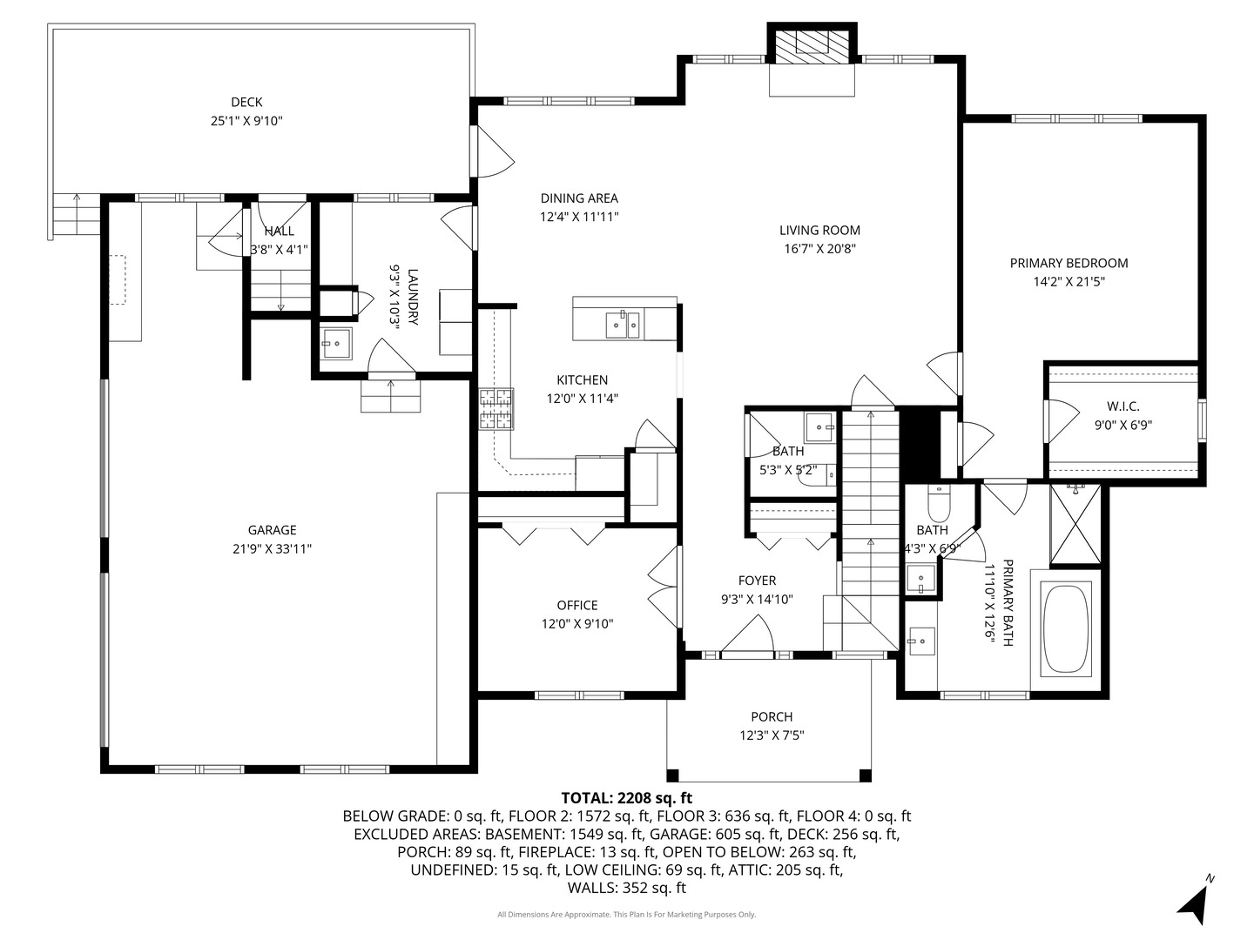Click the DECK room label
[246, 103]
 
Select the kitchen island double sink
[623, 325]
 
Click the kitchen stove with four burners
[496, 408]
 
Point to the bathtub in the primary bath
[1067, 628]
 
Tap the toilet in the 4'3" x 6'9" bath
[939, 502]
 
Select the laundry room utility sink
[335, 343]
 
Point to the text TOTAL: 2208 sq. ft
[626, 797]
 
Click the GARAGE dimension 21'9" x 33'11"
[272, 548]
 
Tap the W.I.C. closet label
[1123, 406]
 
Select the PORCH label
[772, 717]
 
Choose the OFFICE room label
[577, 606]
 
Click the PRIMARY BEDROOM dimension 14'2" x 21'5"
[1069, 281]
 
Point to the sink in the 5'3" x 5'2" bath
[819, 426]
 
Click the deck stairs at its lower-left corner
[77, 214]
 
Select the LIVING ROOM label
[819, 231]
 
